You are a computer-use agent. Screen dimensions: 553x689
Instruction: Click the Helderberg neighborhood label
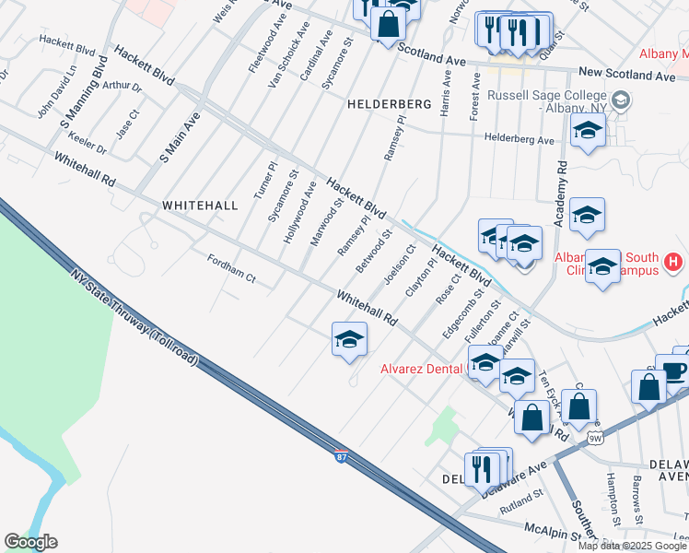[x=389, y=105]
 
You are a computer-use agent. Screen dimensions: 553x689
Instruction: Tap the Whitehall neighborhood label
[x=200, y=205]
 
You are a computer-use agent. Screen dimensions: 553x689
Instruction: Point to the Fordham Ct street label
[x=230, y=269]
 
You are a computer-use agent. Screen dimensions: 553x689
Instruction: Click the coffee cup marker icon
[x=672, y=370]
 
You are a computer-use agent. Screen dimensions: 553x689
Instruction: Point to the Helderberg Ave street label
[x=520, y=140]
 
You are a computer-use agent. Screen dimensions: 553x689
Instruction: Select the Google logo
[x=30, y=542]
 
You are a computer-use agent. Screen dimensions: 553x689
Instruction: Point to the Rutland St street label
[x=520, y=502]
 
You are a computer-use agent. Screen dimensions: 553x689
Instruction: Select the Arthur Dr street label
[x=122, y=87]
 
